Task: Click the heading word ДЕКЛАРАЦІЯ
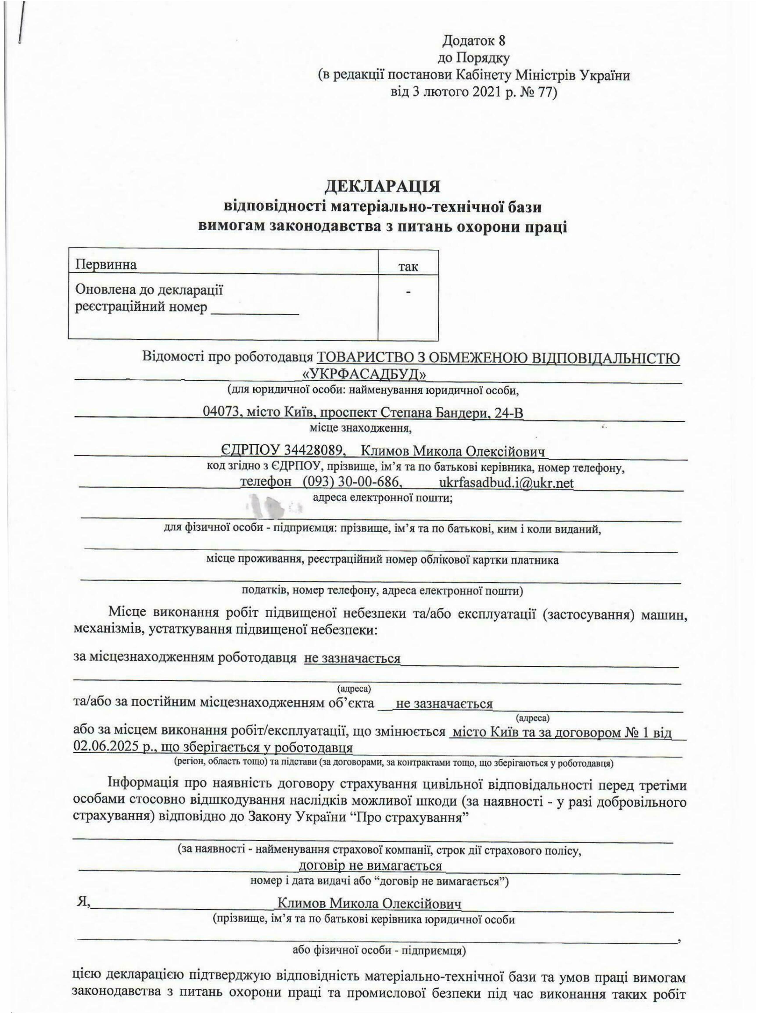tap(382, 186)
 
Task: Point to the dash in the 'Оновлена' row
tap(408, 291)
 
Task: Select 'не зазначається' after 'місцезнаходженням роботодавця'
tap(352, 658)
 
